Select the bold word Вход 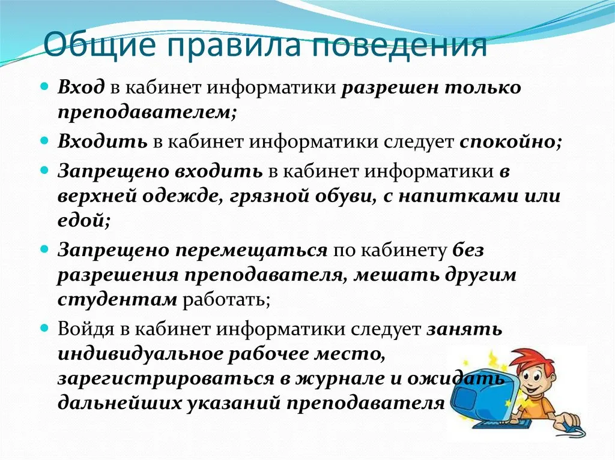click(x=81, y=87)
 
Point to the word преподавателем click(x=147, y=113)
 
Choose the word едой click(x=83, y=220)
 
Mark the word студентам click(x=117, y=300)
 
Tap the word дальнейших click(x=120, y=404)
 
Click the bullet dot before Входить click(x=45, y=140)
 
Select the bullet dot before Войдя click(x=45, y=327)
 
